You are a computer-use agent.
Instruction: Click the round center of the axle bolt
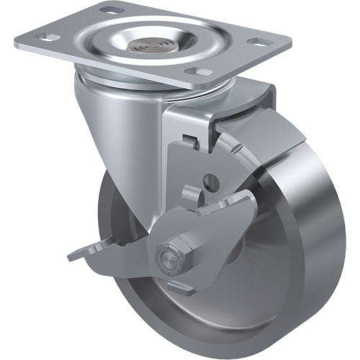pos(166,256)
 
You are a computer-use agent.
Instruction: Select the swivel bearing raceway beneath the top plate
pos(144,83)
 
